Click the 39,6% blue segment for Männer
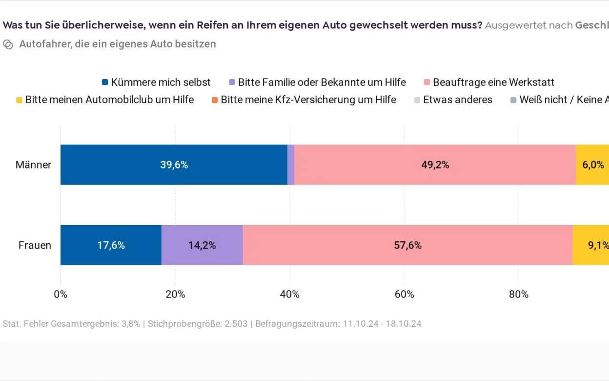[174, 165]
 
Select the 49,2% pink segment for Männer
[435, 165]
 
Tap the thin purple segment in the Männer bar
[291, 165]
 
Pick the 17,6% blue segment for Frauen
[111, 245]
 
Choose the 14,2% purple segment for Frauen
[202, 245]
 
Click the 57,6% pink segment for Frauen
[407, 245]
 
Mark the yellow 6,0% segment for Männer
[592, 165]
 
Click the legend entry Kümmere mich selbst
[156, 82]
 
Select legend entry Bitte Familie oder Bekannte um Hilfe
[317, 82]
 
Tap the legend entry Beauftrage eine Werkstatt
[489, 82]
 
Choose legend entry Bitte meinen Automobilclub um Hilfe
[105, 100]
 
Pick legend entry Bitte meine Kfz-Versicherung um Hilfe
[304, 100]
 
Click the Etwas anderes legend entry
[453, 100]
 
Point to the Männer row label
[33, 165]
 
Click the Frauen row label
[35, 245]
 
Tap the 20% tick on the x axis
[175, 294]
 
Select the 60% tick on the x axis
[404, 294]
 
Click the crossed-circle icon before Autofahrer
[8, 44]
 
